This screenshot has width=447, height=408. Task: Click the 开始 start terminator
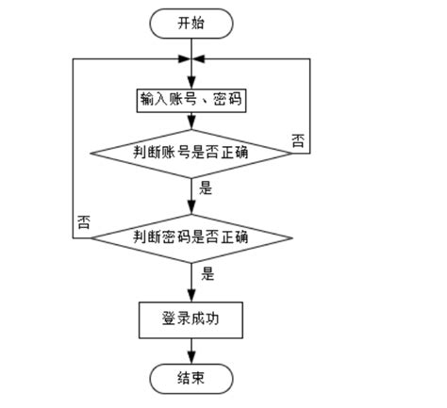[x=190, y=24]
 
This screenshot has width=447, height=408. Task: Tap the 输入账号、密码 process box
[x=190, y=99]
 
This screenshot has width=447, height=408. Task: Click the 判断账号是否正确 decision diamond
[x=190, y=152]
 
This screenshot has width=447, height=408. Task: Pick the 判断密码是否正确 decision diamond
[x=190, y=236]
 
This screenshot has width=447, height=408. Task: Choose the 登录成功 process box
[x=190, y=318]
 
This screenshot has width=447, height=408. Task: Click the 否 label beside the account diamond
[x=297, y=141]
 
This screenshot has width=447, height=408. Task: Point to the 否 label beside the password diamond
[x=83, y=223]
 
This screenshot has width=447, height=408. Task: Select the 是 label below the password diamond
[x=207, y=275]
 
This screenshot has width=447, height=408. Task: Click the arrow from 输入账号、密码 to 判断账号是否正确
[x=191, y=122]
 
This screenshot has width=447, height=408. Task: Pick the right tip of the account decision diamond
[x=290, y=152]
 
